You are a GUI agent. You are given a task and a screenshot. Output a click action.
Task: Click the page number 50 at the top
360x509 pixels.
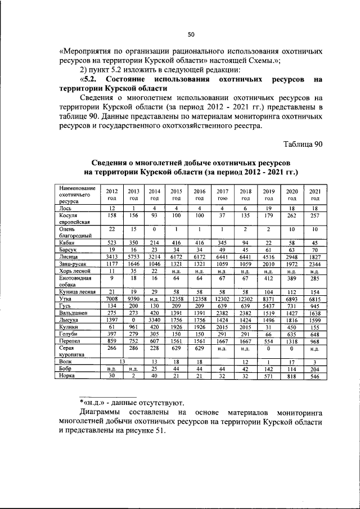191,34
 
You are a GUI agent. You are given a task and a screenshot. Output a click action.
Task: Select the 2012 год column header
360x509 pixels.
112,195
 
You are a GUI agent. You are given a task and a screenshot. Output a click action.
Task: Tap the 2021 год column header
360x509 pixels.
316,195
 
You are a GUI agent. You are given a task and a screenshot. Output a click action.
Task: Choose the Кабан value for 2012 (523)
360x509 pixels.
112,242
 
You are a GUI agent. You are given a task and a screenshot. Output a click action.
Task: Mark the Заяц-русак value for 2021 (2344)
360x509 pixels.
316,263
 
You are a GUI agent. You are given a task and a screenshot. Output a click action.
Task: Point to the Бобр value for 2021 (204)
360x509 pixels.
316,369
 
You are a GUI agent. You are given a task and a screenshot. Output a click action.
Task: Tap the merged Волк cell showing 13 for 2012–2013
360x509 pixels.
123,362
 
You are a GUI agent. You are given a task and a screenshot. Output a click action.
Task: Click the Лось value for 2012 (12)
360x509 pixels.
112,208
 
